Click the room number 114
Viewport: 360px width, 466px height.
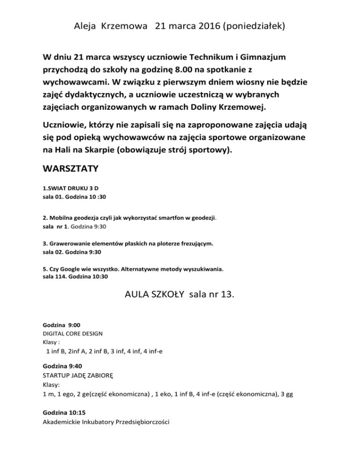click(58, 277)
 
